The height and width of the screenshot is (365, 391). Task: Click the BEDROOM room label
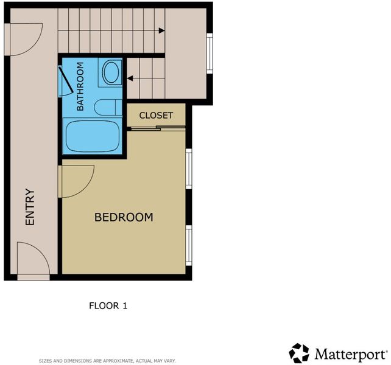click(x=124, y=217)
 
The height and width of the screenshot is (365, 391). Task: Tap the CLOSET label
click(x=156, y=116)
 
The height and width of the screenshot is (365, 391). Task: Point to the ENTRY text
click(x=30, y=207)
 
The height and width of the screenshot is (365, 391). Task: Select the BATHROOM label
click(x=80, y=86)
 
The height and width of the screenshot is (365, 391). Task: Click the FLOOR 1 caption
click(x=108, y=306)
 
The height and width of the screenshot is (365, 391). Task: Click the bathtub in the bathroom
click(x=92, y=136)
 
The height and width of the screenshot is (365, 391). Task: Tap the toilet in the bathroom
click(x=108, y=108)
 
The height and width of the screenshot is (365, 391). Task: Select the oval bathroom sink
click(x=111, y=72)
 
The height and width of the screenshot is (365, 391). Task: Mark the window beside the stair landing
click(x=210, y=54)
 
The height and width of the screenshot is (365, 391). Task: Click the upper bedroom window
click(x=189, y=169)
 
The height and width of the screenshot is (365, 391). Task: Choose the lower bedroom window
click(x=189, y=245)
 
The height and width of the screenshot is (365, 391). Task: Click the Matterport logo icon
click(x=299, y=353)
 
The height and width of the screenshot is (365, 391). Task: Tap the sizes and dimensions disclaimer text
click(x=107, y=361)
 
